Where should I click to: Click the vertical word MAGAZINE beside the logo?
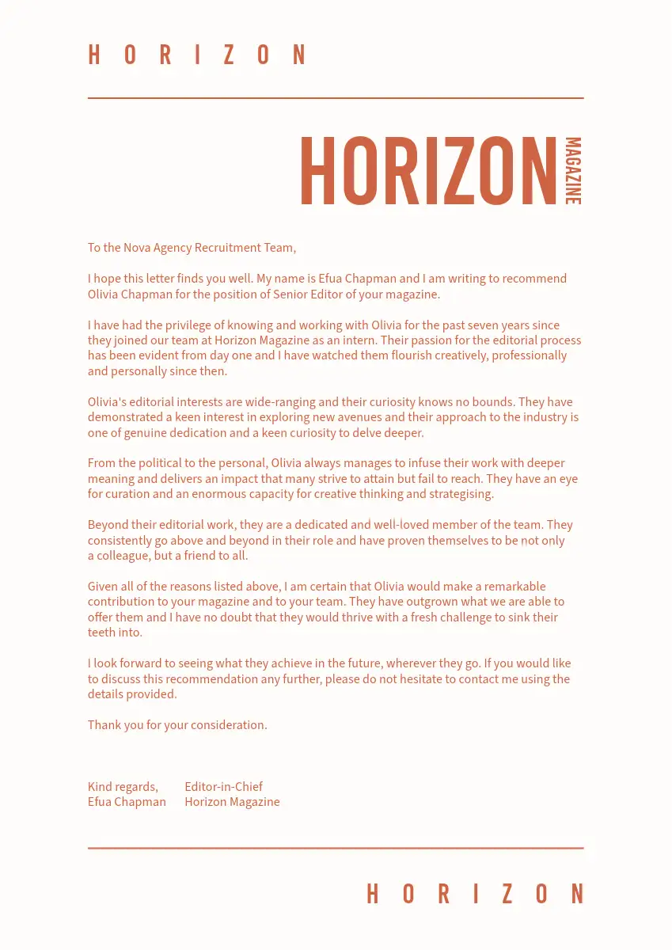pos(573,171)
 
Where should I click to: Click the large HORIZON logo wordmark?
pos(428,172)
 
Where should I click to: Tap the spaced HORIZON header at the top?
pos(197,55)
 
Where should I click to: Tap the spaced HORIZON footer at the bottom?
pos(475,894)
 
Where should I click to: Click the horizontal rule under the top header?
pos(336,98)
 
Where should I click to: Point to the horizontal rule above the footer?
pos(336,848)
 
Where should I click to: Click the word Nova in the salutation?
pos(136,248)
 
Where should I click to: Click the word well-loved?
pos(403,525)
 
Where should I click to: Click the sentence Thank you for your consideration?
pos(177,725)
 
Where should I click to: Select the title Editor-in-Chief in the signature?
pos(223,787)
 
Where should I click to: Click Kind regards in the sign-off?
pos(122,787)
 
